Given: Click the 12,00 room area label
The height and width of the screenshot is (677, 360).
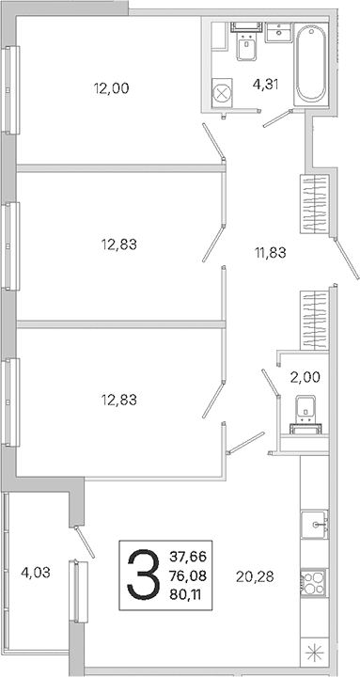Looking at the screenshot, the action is [x=111, y=88].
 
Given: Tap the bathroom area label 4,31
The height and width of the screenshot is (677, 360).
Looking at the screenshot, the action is [x=265, y=85].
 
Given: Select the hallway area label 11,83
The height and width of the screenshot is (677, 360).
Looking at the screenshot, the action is [x=270, y=253].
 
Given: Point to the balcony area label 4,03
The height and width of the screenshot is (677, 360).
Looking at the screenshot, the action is [x=36, y=573].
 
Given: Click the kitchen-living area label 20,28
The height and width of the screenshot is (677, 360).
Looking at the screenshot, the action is [x=255, y=576].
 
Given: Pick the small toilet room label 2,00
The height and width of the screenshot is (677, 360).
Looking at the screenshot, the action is [x=305, y=377].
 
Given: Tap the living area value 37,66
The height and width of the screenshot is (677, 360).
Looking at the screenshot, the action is [x=188, y=557].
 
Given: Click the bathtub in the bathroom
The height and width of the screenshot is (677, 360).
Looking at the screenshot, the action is [x=311, y=64].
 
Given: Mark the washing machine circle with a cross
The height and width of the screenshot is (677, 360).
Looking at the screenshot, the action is [x=223, y=93].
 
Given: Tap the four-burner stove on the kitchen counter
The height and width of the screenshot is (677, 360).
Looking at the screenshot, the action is [x=314, y=582].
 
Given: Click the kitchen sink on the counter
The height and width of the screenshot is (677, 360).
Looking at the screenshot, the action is [x=314, y=524].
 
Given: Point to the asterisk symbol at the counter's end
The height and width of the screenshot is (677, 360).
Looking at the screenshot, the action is [x=314, y=653].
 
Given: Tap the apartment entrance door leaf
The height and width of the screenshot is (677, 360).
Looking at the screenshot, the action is [x=346, y=260].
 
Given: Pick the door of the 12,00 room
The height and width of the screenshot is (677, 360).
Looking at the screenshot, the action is [x=213, y=141].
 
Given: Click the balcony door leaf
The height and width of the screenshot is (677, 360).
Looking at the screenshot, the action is [x=85, y=542].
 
